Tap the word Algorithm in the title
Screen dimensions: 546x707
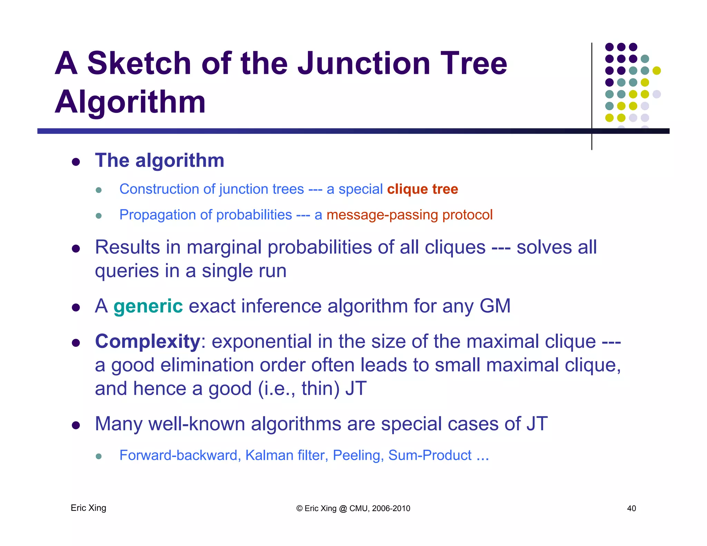[130, 102]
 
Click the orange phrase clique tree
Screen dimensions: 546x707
[422, 189]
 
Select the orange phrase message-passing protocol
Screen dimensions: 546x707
[409, 215]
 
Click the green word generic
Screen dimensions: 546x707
[148, 306]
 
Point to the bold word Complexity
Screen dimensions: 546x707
[147, 341]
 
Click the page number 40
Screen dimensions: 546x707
[631, 508]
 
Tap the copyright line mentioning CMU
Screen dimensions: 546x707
[353, 508]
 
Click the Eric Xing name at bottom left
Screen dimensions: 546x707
[88, 508]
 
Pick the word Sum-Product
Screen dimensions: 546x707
[430, 455]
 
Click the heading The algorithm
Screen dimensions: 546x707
[159, 160]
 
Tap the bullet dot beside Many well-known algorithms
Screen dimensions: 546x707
[76, 425]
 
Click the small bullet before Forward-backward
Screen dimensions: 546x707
[99, 457]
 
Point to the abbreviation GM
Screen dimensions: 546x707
[495, 306]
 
